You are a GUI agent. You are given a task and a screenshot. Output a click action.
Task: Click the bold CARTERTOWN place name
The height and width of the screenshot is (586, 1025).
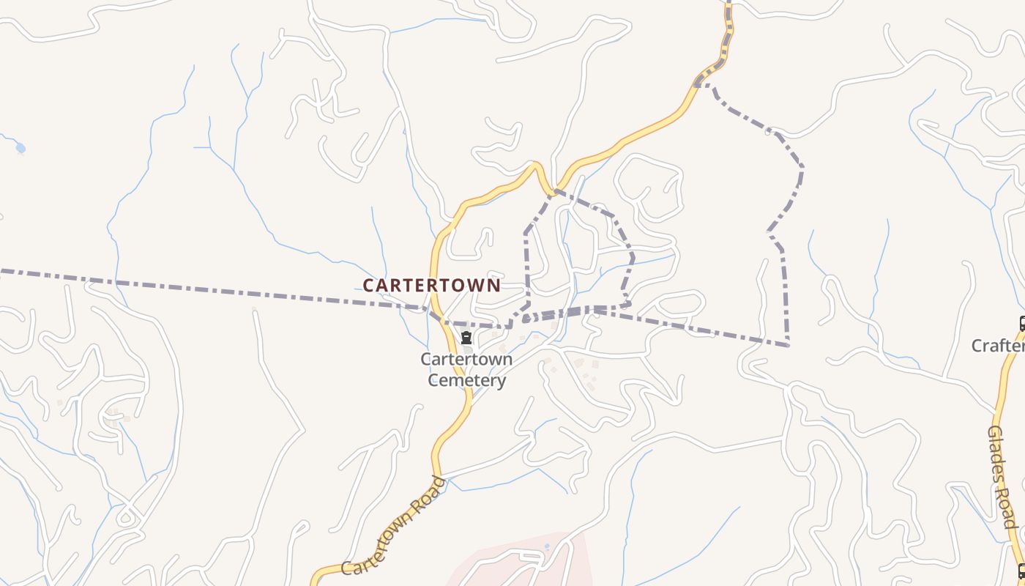(x=432, y=285)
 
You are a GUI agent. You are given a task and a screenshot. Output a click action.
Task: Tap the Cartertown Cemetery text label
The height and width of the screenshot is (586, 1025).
(x=466, y=370)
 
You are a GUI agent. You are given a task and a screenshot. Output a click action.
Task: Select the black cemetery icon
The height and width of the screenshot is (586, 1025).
(x=466, y=338)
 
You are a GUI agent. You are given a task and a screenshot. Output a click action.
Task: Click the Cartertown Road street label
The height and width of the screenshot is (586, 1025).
(x=393, y=526)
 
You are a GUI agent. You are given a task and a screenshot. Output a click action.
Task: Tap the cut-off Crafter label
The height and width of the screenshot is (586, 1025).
(x=997, y=345)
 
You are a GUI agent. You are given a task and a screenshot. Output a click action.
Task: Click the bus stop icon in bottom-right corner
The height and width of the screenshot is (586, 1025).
(x=1021, y=570)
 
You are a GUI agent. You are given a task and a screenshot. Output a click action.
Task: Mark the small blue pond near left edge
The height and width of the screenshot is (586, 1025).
(x=20, y=149)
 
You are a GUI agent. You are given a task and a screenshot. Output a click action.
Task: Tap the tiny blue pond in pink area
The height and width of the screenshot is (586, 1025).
(x=546, y=547)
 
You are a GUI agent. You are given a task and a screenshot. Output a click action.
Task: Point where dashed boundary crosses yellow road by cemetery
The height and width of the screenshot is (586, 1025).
(x=436, y=316)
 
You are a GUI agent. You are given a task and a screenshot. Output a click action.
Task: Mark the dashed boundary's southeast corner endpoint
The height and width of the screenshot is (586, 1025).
(x=788, y=344)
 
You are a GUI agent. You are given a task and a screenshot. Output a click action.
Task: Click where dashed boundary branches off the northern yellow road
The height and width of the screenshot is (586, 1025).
(x=700, y=84)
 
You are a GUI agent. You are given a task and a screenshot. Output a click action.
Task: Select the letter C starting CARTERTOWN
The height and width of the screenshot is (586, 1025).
(x=369, y=286)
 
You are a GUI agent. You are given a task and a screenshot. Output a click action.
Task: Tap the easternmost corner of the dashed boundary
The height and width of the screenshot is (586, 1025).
(x=802, y=167)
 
